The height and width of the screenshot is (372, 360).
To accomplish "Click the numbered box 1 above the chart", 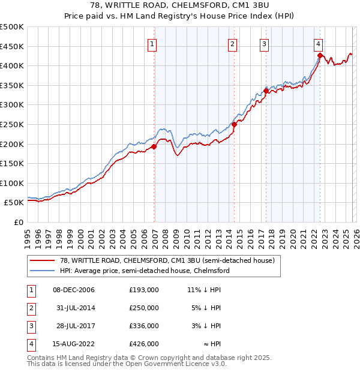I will pos(152,43).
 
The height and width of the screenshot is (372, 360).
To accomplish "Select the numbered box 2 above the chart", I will pos(232,43).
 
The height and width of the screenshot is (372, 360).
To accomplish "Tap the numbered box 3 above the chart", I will pos(264,43).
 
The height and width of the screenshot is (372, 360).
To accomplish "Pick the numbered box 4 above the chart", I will pos(318,43).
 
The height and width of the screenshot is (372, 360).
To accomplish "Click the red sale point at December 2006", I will pos(154,146).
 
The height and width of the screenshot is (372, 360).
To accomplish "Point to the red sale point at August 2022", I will pos(320,55).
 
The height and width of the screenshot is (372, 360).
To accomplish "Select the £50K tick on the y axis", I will pos(14,203).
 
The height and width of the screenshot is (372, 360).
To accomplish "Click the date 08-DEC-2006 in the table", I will pos(73,290).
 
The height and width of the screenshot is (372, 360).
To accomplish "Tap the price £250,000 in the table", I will pos(143,308).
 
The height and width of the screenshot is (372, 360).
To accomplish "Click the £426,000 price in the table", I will pos(143,344).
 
